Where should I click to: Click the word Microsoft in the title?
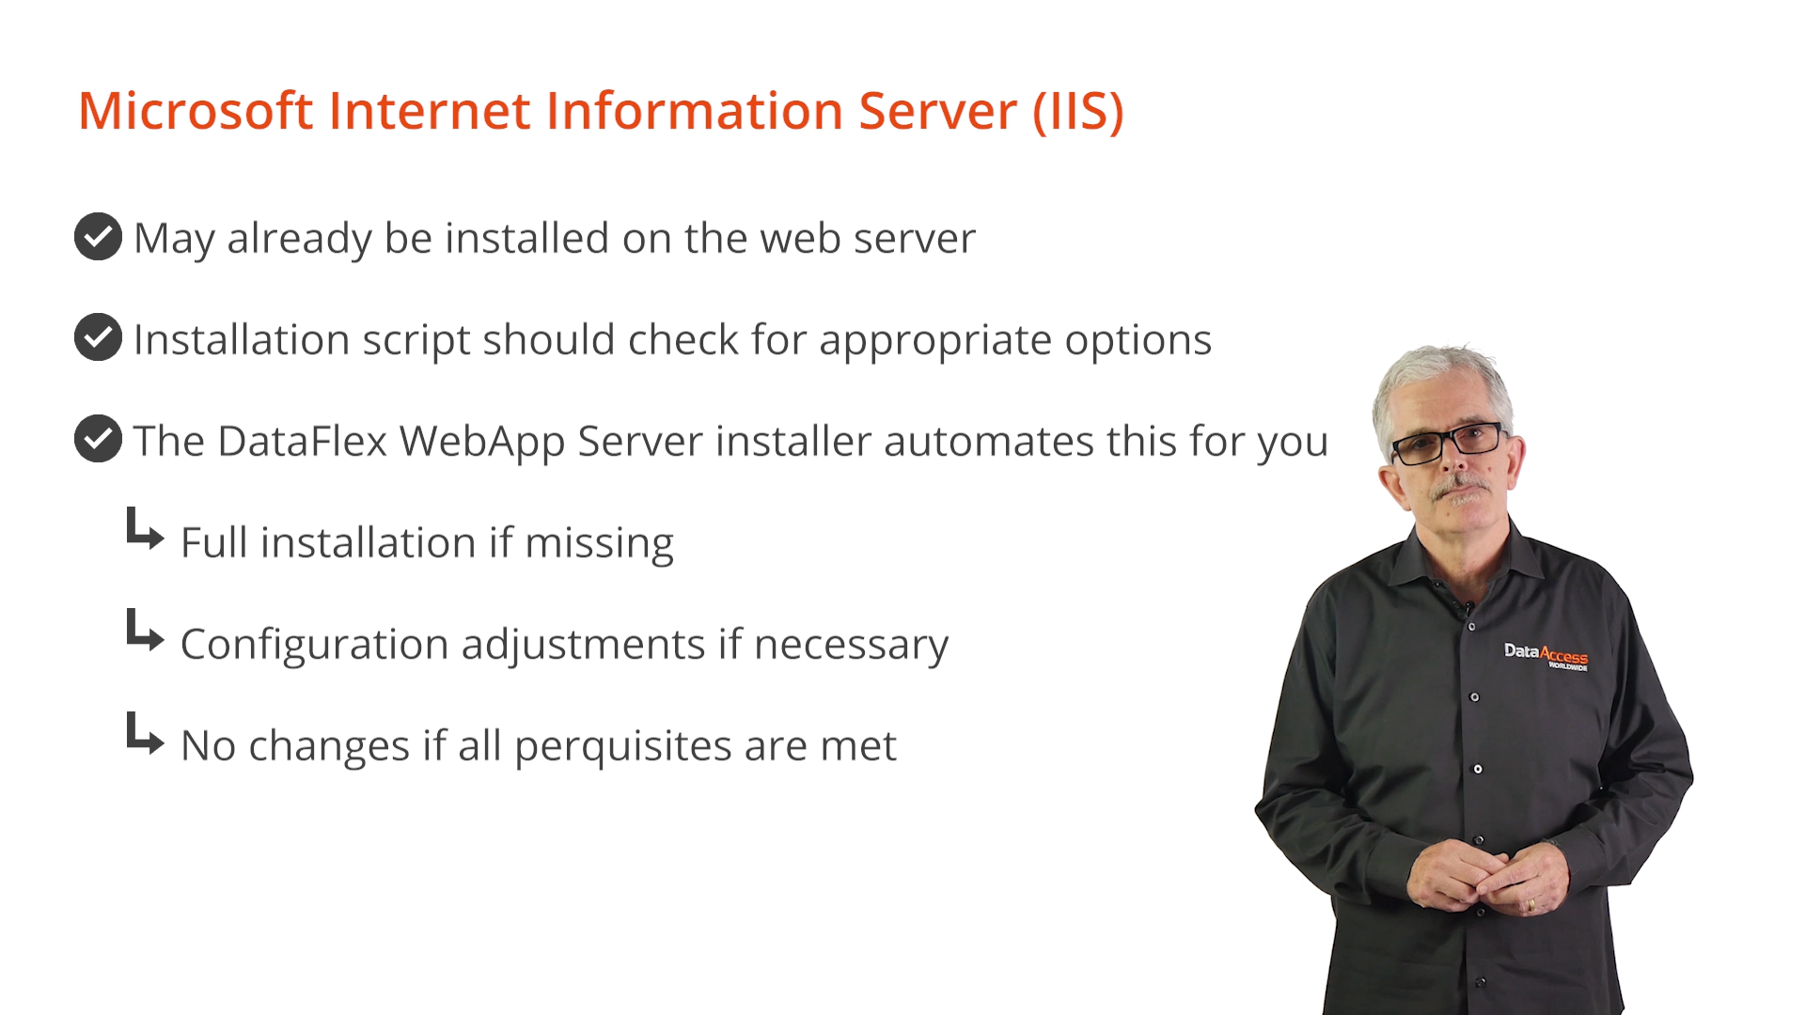(x=195, y=110)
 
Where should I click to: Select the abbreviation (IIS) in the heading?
(x=1077, y=112)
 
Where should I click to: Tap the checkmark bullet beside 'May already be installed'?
(x=98, y=236)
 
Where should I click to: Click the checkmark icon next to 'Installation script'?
(x=98, y=337)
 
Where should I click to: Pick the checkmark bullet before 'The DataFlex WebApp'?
(x=98, y=439)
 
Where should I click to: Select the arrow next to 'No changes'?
(x=145, y=733)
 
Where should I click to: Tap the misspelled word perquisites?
(x=623, y=747)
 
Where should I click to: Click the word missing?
(x=599, y=544)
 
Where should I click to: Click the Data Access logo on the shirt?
(x=1546, y=655)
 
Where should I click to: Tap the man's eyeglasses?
(x=1448, y=443)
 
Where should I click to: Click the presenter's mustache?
(x=1460, y=488)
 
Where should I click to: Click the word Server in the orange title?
(x=937, y=111)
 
